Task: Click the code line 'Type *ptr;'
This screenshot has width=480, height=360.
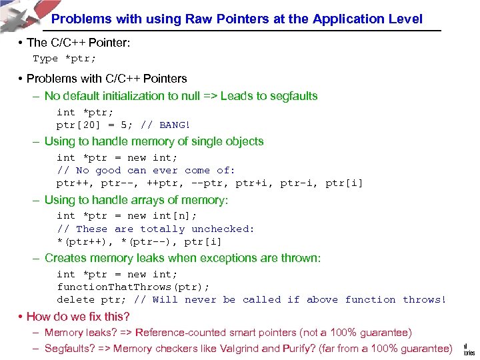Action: (x=65, y=59)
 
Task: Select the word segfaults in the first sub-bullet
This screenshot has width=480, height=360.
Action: (x=294, y=96)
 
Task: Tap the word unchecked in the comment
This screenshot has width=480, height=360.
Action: (x=223, y=229)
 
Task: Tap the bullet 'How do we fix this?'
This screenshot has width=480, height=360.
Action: (x=78, y=317)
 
